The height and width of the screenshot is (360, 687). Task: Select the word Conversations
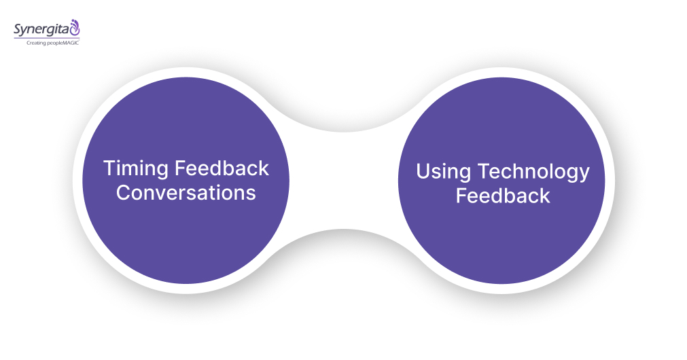tap(186, 192)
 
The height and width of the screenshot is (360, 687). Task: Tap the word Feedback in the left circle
tap(222, 168)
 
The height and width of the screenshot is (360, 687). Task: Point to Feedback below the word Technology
tap(502, 196)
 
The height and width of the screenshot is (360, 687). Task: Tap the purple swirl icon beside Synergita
tap(75, 28)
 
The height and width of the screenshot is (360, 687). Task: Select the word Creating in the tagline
tap(38, 43)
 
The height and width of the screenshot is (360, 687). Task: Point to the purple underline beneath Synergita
tap(44, 38)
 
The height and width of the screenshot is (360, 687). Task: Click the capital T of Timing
tap(109, 168)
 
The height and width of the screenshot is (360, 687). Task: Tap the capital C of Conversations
tap(123, 192)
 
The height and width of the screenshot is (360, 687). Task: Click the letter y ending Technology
tap(583, 175)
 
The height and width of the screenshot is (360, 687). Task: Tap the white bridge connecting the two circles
tap(343, 180)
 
